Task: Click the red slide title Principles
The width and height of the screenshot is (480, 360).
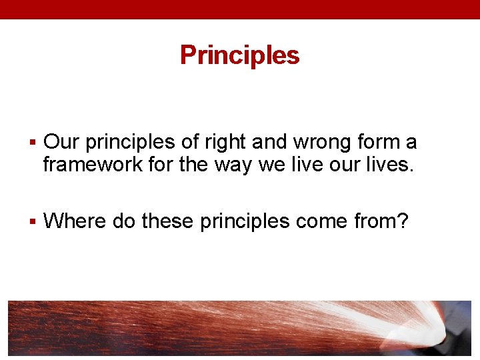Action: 239,55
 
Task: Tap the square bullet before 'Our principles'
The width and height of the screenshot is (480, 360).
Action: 33,143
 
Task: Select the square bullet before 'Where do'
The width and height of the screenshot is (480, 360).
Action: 33,221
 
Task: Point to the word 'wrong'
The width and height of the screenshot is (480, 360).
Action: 317,143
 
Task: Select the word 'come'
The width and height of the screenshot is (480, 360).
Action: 316,221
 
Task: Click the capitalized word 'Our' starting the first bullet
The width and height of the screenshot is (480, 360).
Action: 61,142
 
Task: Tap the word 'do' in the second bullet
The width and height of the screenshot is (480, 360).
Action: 124,220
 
